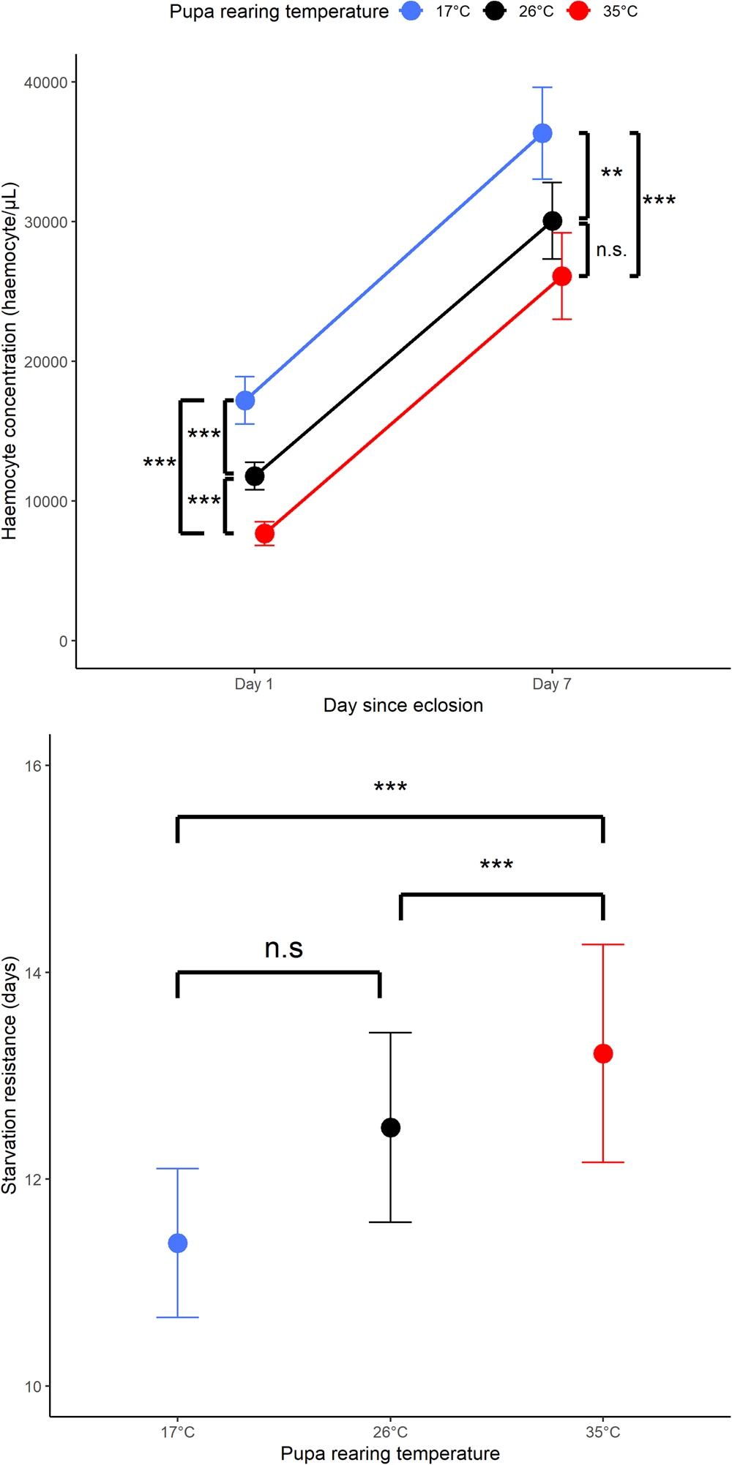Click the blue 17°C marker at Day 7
coord(542,133)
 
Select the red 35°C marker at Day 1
coord(265,534)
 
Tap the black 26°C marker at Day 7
coord(553,221)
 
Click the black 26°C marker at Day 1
coord(255,477)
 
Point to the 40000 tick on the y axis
coord(45,83)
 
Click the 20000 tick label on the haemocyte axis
coord(45,362)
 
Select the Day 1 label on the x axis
coord(254,684)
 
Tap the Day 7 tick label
coord(552,684)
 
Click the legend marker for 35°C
coord(578,11)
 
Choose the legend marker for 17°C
coord(411,11)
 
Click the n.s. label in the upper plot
coord(611,250)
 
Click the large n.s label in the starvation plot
coord(283,948)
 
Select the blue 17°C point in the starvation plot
coord(178,1243)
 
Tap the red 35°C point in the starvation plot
coord(603,1054)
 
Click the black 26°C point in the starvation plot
coord(391,1128)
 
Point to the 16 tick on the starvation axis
coord(33,766)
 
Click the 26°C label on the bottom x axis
coord(390,1432)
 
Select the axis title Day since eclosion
coord(403,705)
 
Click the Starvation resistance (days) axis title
coord(10,1075)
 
